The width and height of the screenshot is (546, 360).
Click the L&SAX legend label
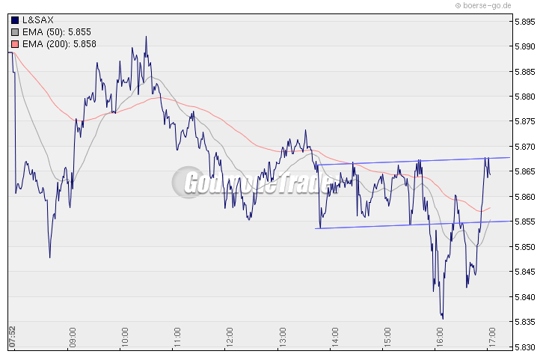38,19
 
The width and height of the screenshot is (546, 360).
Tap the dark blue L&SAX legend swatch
16,20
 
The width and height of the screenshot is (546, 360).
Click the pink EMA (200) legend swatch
16,44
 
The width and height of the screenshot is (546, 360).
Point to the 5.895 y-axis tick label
524,22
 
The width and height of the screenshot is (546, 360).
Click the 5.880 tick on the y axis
524,97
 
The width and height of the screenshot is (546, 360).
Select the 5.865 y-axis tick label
524,172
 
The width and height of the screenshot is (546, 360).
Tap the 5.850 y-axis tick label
524,247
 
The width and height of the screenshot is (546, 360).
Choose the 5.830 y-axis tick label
524,347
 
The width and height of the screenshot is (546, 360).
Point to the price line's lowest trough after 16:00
443,318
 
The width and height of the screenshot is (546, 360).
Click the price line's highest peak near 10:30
146,37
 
